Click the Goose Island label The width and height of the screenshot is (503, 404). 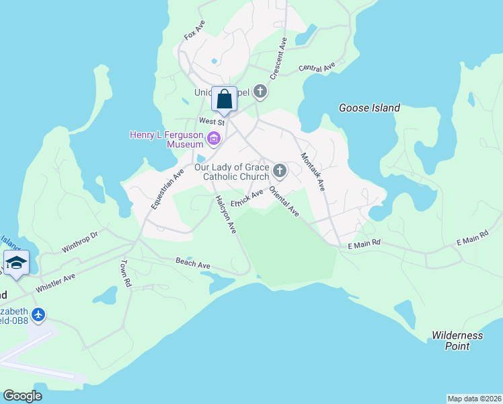369,108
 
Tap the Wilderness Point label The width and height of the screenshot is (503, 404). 457,341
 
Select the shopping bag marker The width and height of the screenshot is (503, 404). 225,100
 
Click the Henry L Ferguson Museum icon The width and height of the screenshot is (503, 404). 215,140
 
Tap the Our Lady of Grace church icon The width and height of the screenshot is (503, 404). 280,170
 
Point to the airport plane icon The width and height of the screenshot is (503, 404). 38,314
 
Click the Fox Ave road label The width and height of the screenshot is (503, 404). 194,30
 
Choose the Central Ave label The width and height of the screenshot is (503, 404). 317,68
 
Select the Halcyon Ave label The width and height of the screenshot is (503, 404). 226,214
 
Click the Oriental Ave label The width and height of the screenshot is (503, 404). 284,201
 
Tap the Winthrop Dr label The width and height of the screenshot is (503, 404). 81,240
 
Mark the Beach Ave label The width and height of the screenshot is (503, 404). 194,264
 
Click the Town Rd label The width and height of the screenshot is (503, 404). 124,274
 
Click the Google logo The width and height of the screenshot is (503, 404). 22,396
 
